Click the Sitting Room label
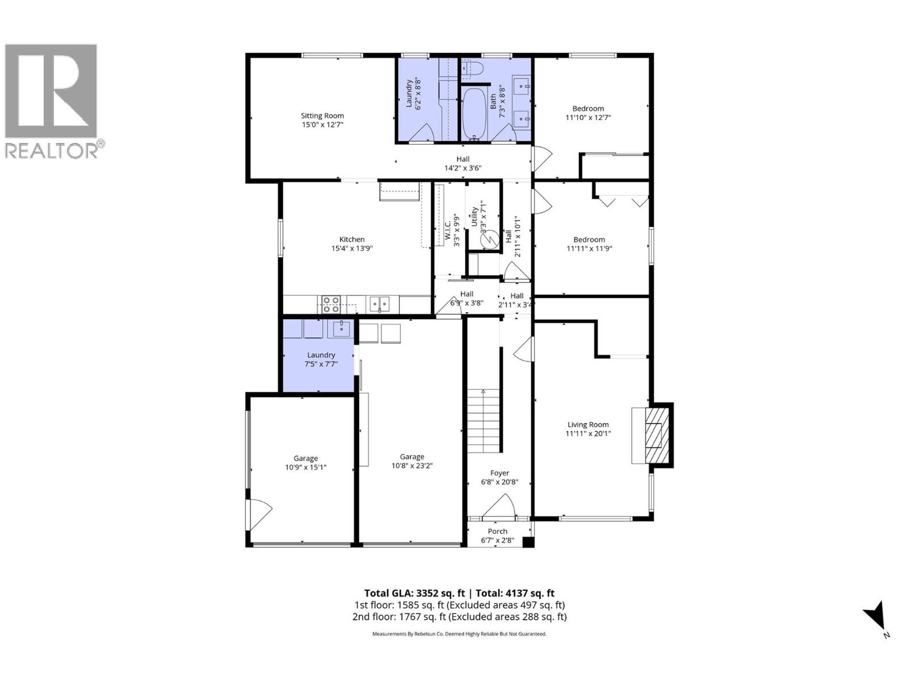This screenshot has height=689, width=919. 322,115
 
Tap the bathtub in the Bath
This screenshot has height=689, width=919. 474,113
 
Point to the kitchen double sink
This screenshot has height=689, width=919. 379,304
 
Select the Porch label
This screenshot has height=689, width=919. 497,531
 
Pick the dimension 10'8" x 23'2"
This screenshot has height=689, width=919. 412,466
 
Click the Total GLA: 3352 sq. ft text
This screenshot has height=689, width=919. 414,593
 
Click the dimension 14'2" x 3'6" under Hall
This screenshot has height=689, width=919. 462,168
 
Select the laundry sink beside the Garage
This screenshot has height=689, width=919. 341,328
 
